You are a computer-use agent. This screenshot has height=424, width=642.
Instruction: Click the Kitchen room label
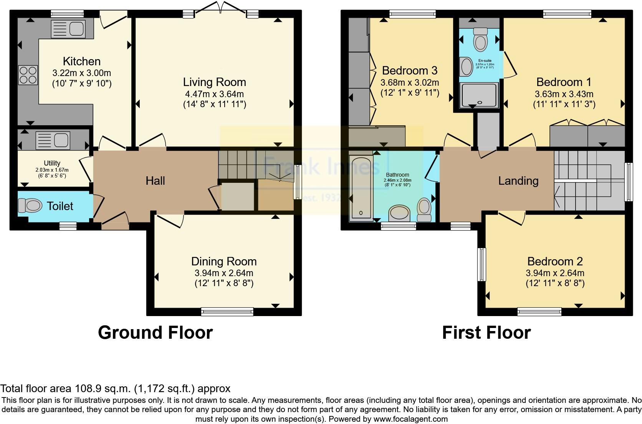81,61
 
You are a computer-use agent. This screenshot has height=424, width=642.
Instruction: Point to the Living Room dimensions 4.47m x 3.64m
214,94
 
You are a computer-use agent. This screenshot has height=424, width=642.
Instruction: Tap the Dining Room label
224,262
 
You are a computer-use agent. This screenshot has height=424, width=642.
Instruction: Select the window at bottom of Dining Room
227,311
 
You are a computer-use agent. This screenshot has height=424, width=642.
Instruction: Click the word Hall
155,181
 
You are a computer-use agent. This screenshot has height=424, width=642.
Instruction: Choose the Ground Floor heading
155,333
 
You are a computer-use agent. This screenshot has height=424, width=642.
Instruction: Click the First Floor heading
486,333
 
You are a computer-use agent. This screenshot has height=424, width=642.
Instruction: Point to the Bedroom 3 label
410,71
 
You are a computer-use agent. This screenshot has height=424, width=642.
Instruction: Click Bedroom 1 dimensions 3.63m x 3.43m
564,94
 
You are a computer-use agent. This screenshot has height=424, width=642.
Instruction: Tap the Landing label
518,181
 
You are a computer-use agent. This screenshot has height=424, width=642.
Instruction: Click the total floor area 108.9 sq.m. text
115,389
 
